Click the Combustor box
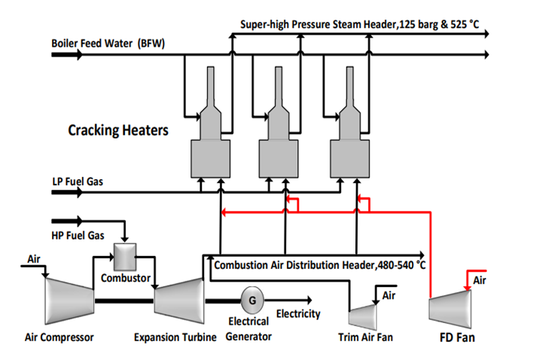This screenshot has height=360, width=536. click(123, 258)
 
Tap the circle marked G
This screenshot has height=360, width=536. click(251, 300)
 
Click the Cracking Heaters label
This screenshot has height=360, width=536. click(118, 130)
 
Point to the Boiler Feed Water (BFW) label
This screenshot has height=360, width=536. click(108, 42)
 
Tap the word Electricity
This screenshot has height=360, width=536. click(298, 314)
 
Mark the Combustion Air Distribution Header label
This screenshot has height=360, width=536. click(320, 265)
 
